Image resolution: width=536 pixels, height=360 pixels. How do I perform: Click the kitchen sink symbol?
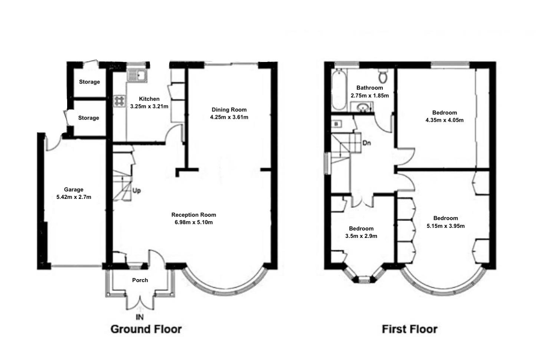(x=138, y=76)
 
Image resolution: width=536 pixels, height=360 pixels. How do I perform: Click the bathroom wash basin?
(x=362, y=107)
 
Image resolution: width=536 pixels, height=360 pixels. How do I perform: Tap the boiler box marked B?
(x=336, y=124)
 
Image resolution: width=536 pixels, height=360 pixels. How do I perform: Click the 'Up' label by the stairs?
(x=137, y=191)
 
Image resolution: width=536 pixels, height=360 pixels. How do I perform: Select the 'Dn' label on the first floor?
(x=366, y=143)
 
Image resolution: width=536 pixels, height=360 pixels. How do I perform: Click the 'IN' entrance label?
(x=139, y=317)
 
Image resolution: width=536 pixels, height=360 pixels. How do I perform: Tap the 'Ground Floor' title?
(x=146, y=329)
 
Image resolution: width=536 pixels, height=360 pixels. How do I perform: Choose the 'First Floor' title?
(x=410, y=329)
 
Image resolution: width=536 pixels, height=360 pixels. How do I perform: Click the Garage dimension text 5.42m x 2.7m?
(x=74, y=197)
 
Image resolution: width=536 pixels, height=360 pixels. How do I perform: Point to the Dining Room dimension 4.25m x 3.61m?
(x=229, y=117)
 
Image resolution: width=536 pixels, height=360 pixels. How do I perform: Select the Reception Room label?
(x=194, y=215)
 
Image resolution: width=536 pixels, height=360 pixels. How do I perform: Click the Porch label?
(x=140, y=280)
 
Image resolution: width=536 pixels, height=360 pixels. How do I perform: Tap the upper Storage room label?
(x=89, y=82)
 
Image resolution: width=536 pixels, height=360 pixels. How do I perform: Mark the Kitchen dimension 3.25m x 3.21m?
(x=149, y=107)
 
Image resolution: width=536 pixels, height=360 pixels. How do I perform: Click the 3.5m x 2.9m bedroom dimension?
(x=361, y=236)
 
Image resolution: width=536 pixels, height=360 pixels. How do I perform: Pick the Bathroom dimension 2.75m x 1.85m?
(x=369, y=95)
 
